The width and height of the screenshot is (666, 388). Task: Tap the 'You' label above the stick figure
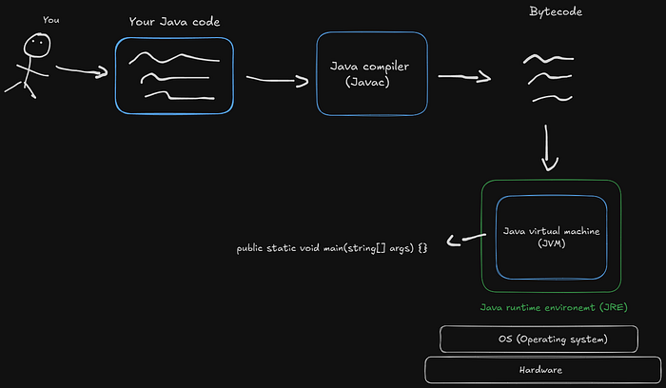[51, 19]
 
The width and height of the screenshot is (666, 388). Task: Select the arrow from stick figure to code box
[82, 70]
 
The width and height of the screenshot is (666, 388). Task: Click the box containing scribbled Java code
[174, 76]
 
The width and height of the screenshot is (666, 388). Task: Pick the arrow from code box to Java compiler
[276, 81]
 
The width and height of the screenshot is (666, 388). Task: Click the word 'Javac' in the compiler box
[371, 81]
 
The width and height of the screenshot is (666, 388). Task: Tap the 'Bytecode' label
[556, 12]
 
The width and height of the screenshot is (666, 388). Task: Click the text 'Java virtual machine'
[551, 231]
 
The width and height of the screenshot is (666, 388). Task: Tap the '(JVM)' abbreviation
[551, 245]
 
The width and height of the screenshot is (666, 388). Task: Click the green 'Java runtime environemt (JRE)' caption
[553, 308]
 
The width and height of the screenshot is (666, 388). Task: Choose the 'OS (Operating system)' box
[552, 339]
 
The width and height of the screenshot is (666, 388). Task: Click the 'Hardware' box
[544, 369]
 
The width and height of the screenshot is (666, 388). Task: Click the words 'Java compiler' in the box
[371, 67]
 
